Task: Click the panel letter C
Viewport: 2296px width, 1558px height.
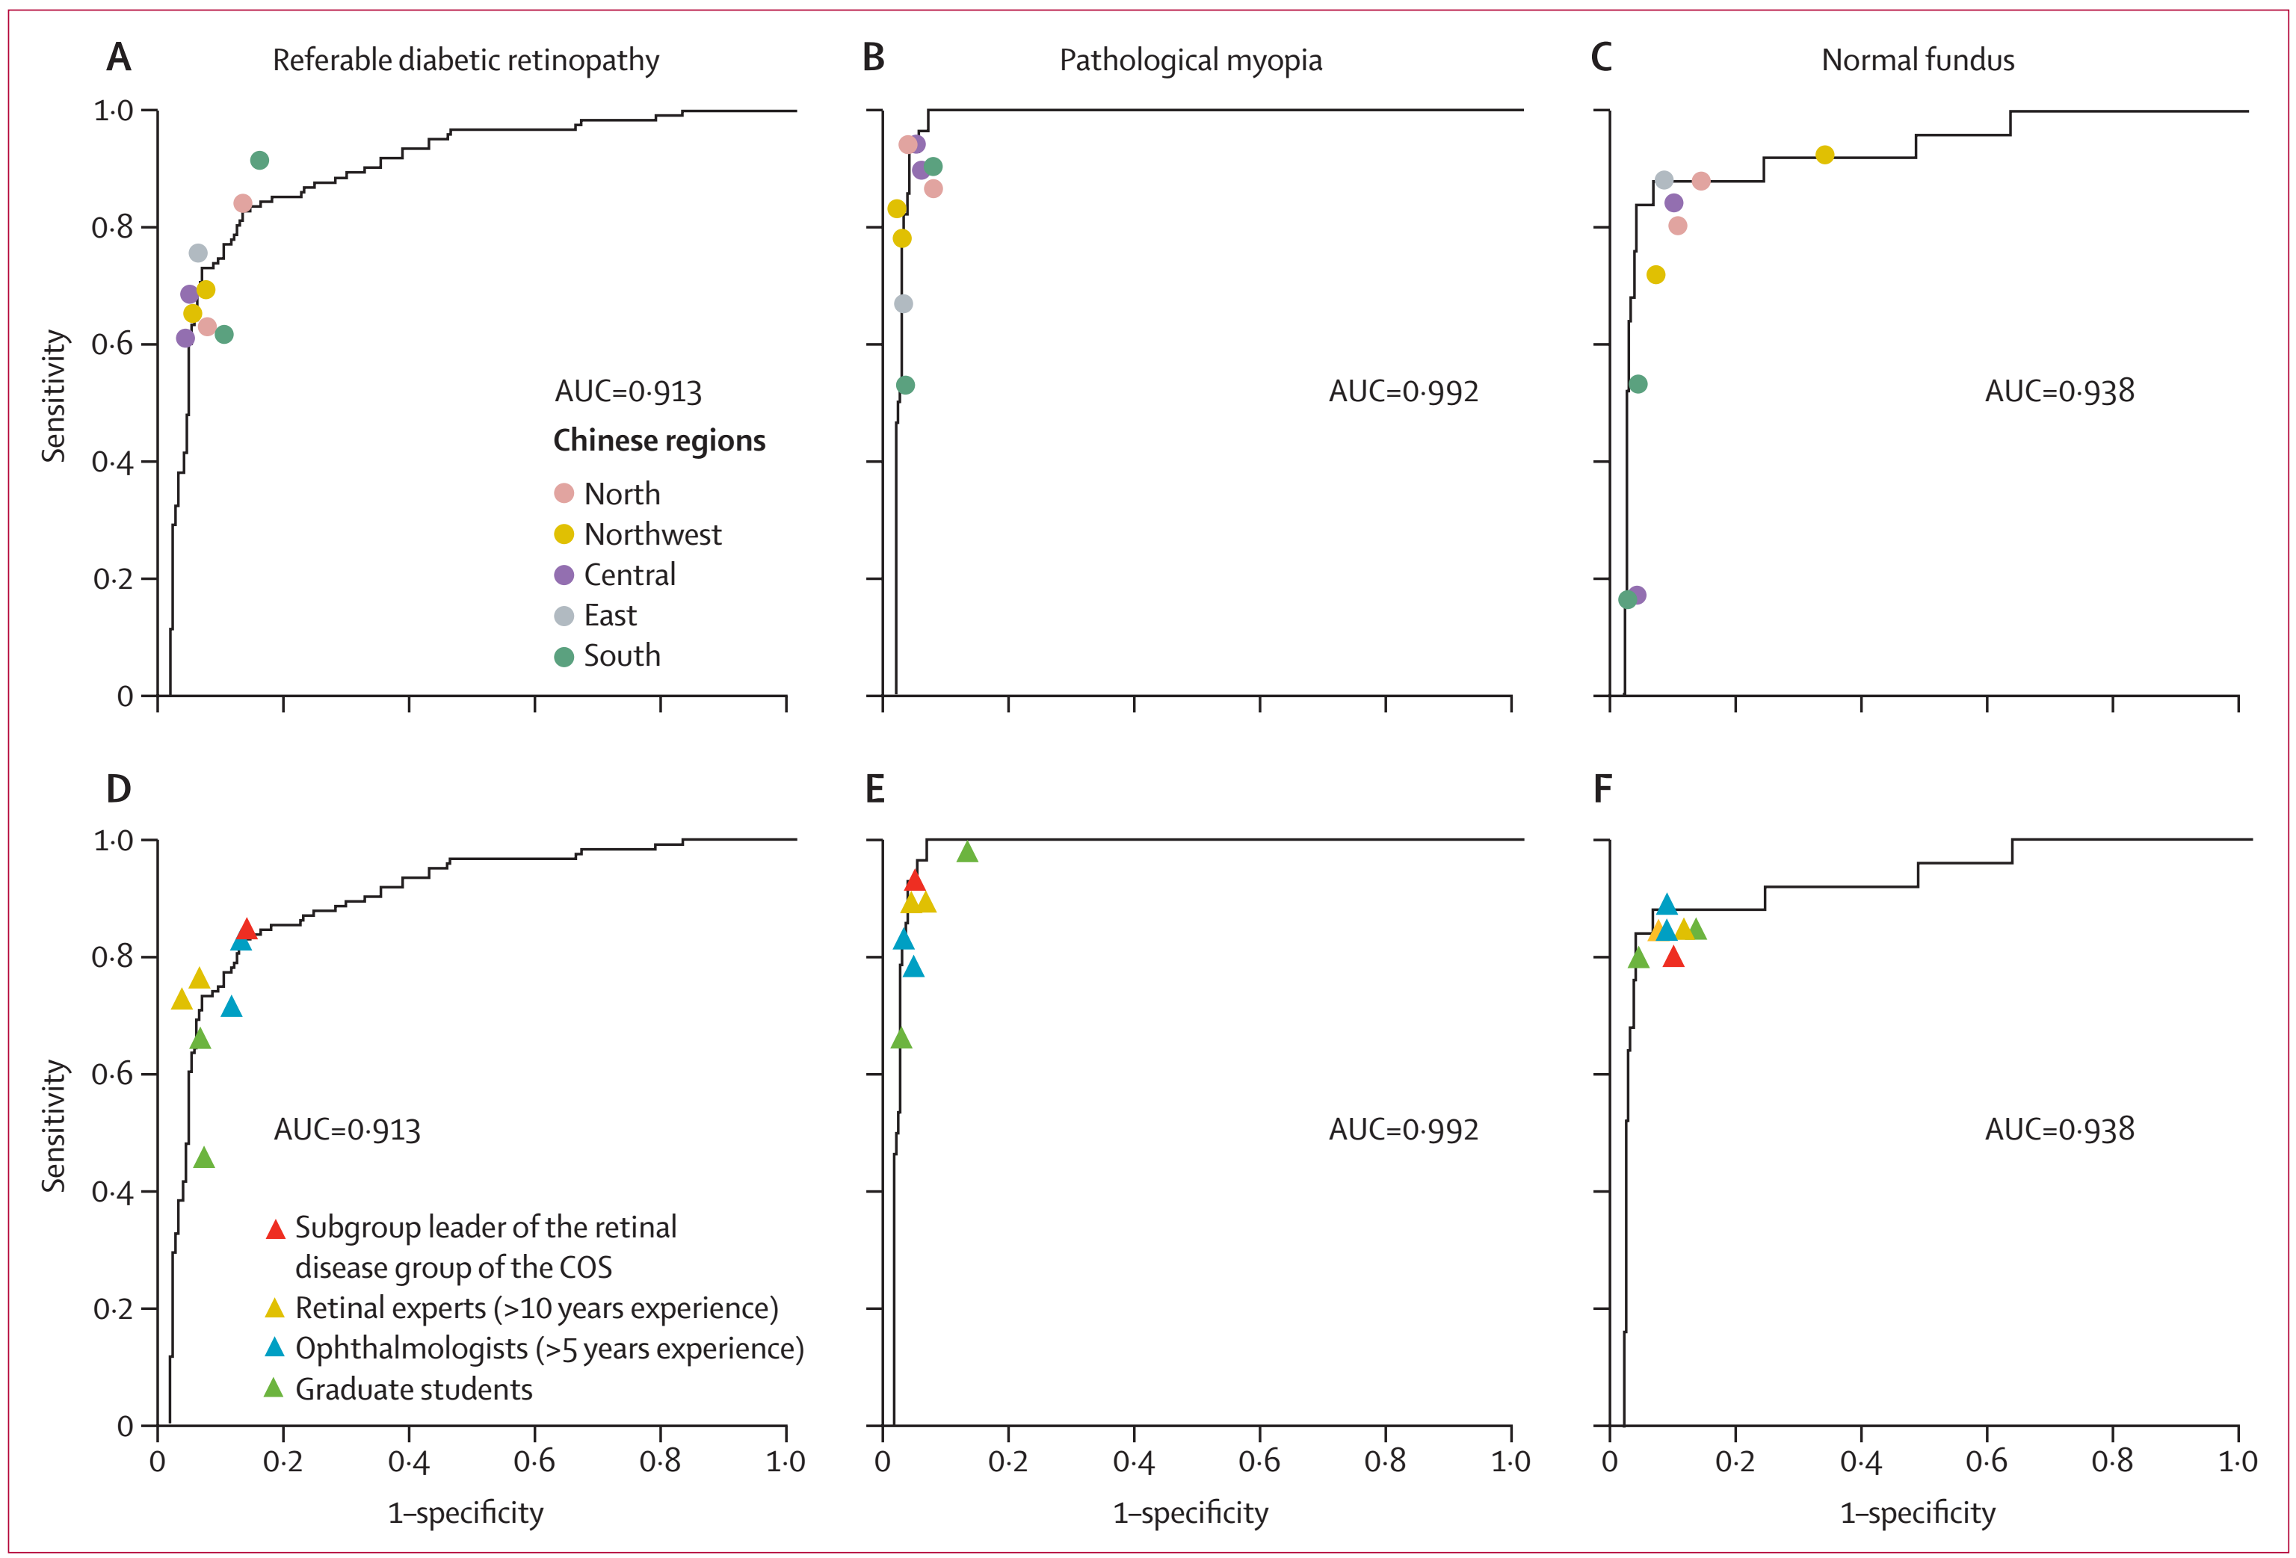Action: pos(1602,58)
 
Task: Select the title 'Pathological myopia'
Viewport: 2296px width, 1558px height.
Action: pos(1191,61)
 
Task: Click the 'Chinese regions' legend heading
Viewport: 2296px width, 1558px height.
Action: pos(659,441)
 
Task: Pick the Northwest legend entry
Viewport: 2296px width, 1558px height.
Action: pos(652,534)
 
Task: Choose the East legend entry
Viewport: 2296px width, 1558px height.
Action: pos(610,616)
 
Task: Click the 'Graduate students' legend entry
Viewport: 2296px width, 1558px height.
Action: pos(413,1389)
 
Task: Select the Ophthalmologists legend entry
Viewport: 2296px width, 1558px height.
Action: pos(549,1349)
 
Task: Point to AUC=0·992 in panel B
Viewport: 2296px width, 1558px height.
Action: pos(1403,392)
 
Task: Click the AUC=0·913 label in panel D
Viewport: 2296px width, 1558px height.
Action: pos(347,1129)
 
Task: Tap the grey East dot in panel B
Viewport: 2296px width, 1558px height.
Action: pos(903,303)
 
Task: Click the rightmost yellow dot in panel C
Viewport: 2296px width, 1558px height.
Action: pos(1824,155)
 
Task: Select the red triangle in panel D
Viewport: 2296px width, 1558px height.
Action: pos(247,930)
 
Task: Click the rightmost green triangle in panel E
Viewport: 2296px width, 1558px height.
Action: pos(967,853)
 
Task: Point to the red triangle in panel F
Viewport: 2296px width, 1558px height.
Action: pos(1673,956)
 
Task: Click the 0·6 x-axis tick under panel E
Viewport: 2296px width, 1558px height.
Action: pos(1259,1461)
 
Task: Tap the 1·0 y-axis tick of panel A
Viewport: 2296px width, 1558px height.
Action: pos(113,111)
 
